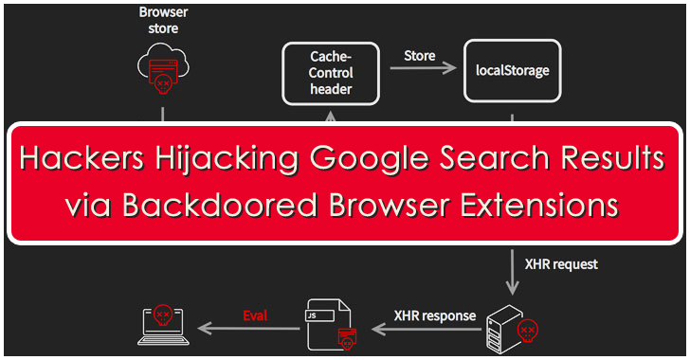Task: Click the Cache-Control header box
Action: [331, 74]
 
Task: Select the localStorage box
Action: [512, 71]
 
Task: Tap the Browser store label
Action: [163, 20]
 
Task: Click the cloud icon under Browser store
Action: [163, 68]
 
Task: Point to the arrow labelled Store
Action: [423, 68]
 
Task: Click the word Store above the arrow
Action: [419, 56]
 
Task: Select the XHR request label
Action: [561, 264]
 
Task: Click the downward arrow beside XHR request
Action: [512, 272]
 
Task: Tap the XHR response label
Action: [435, 315]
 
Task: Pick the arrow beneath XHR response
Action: [427, 329]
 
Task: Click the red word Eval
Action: [255, 315]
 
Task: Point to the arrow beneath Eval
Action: [248, 329]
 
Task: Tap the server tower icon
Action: [506, 329]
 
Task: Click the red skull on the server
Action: [528, 331]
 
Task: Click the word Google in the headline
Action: [370, 159]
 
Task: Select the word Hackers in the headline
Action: [82, 158]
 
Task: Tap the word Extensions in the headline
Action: [539, 206]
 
